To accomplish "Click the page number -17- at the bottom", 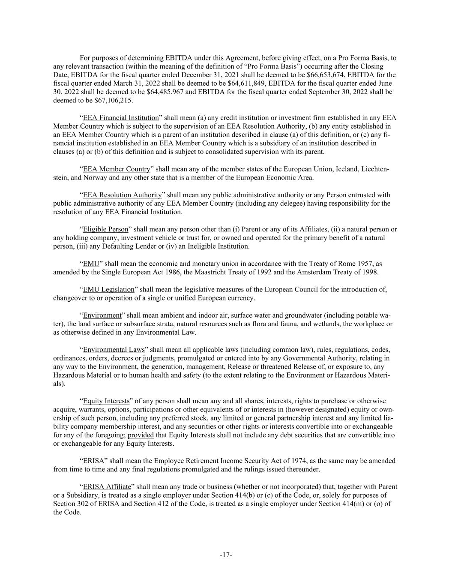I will (226, 555).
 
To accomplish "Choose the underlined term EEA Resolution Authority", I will (122, 195).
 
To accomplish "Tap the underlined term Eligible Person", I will (105, 229).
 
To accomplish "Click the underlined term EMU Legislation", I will (108, 289).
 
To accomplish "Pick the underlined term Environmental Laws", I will (114, 349).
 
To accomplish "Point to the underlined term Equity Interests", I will (106, 401).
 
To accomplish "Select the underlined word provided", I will (141, 435).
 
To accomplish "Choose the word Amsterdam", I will (326, 272).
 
